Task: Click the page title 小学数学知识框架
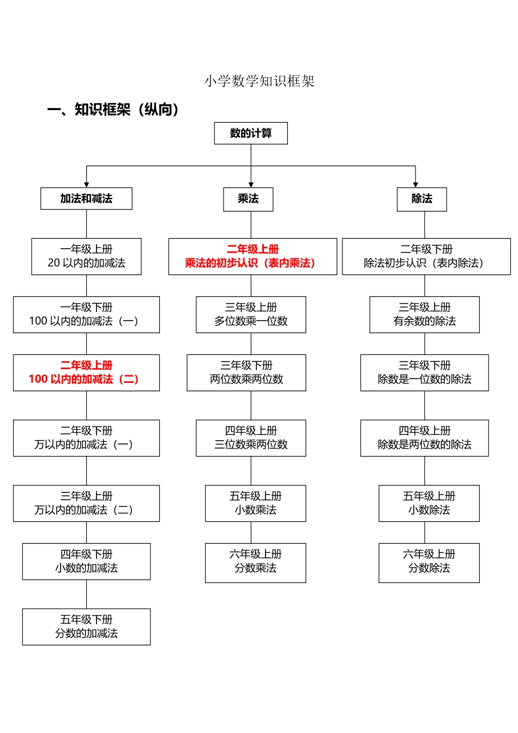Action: [x=259, y=81]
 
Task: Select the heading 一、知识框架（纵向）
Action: [x=113, y=110]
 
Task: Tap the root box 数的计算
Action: [x=251, y=133]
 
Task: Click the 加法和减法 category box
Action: [x=86, y=199]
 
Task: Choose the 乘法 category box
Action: [x=248, y=199]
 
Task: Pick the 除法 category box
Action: [x=421, y=199]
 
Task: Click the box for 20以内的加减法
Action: [x=86, y=256]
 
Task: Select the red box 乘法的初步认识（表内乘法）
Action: [x=252, y=256]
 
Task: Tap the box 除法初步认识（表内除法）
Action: [x=426, y=256]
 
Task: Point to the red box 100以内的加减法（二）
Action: [x=86, y=372]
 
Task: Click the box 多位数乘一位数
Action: [x=251, y=315]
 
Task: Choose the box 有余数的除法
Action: [x=424, y=315]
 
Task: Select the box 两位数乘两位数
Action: [x=246, y=372]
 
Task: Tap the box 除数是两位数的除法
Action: [x=424, y=438]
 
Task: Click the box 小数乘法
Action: [x=255, y=503]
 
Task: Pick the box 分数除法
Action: [x=429, y=562]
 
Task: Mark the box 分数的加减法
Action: [x=86, y=627]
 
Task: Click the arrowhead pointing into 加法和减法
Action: [x=86, y=185]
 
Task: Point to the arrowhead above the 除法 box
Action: [x=415, y=185]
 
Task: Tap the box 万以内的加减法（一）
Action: [x=86, y=438]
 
